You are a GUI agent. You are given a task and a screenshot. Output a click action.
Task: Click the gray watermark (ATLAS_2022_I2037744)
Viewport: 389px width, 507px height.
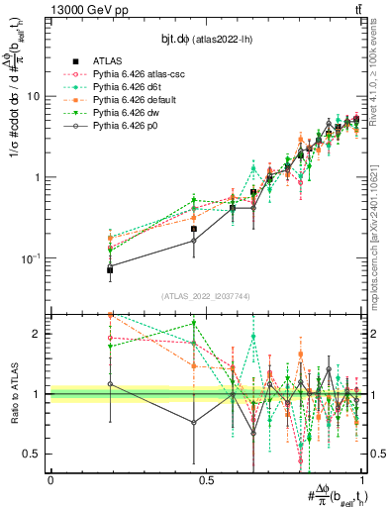pos(206,296)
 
